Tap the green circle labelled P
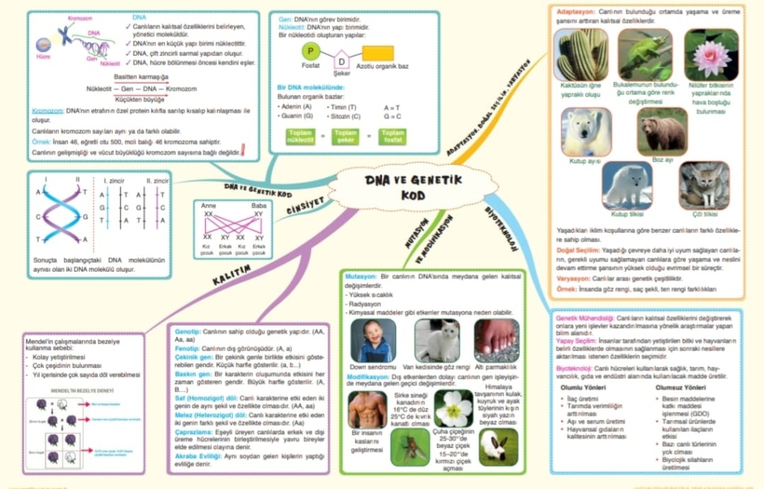311,52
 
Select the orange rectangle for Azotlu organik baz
378,53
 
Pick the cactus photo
580,55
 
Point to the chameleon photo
645,54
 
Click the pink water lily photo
711,54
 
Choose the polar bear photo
586,132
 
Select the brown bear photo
662,132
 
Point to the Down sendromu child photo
373,340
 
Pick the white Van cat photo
436,340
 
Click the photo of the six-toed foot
496,340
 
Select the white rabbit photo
498,446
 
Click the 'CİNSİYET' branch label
306,206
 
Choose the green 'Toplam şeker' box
345,137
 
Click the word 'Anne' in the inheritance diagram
209,205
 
